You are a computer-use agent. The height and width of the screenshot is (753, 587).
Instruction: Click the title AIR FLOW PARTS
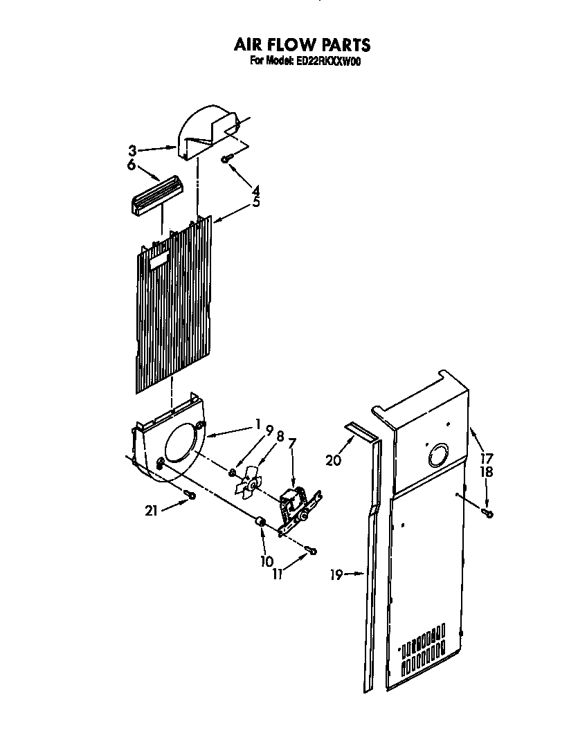[301, 46]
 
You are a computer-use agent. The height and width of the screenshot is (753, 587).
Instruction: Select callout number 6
[132, 165]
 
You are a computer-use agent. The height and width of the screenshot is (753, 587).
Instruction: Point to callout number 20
[333, 459]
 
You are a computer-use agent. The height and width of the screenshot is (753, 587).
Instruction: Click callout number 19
[336, 574]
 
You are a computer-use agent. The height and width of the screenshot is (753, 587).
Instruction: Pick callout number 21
[151, 511]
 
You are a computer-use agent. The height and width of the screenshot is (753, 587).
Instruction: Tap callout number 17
[488, 457]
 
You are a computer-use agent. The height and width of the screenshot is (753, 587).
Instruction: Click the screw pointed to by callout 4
[226, 159]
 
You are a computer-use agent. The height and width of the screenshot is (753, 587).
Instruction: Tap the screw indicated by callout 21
[190, 495]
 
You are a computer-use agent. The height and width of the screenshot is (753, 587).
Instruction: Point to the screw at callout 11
[312, 551]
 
